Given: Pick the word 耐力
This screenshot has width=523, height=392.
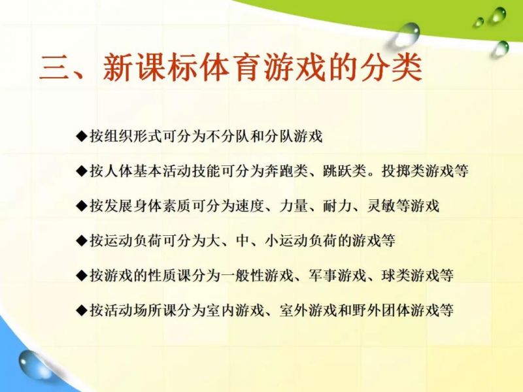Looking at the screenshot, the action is (337, 206).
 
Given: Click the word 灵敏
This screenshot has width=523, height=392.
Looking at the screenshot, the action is (381, 206).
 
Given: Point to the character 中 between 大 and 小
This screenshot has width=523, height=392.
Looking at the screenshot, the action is (243, 240).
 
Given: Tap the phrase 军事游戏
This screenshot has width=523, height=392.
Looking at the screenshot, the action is (337, 276).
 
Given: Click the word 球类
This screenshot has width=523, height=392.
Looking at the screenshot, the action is (396, 276).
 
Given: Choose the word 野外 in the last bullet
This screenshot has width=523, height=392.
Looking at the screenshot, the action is (367, 310).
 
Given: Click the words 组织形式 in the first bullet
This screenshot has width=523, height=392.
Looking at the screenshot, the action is (133, 137).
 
